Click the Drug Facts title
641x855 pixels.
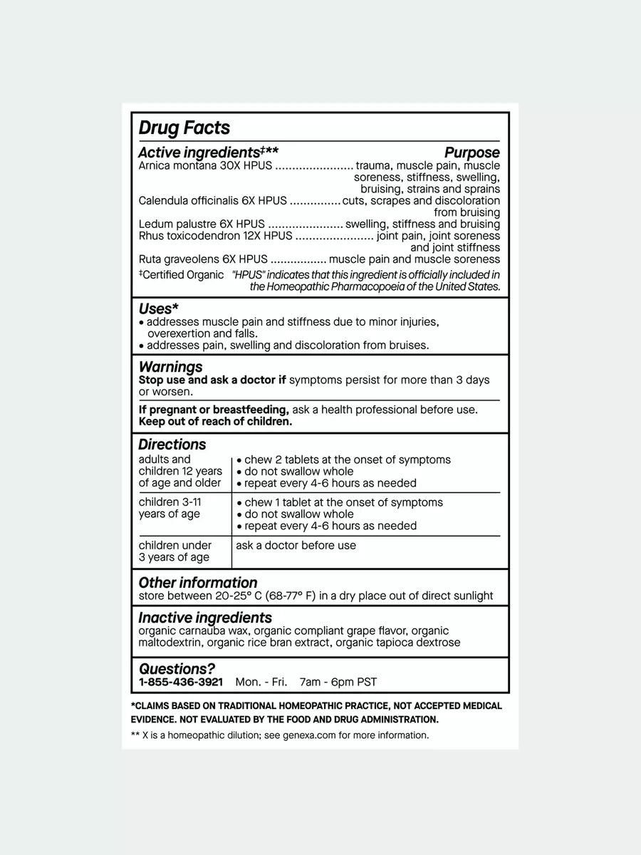184,128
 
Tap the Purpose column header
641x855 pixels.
471,152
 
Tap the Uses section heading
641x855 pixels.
158,309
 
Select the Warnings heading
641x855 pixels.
170,367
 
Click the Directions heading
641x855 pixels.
172,445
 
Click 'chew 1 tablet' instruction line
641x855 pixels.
343,502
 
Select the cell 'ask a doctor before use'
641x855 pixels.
296,546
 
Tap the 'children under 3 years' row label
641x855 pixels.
174,551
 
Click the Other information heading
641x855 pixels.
197,583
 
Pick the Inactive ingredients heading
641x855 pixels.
205,618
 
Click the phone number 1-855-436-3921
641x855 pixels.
180,682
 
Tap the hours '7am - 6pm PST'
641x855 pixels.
338,682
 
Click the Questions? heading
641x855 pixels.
177,669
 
